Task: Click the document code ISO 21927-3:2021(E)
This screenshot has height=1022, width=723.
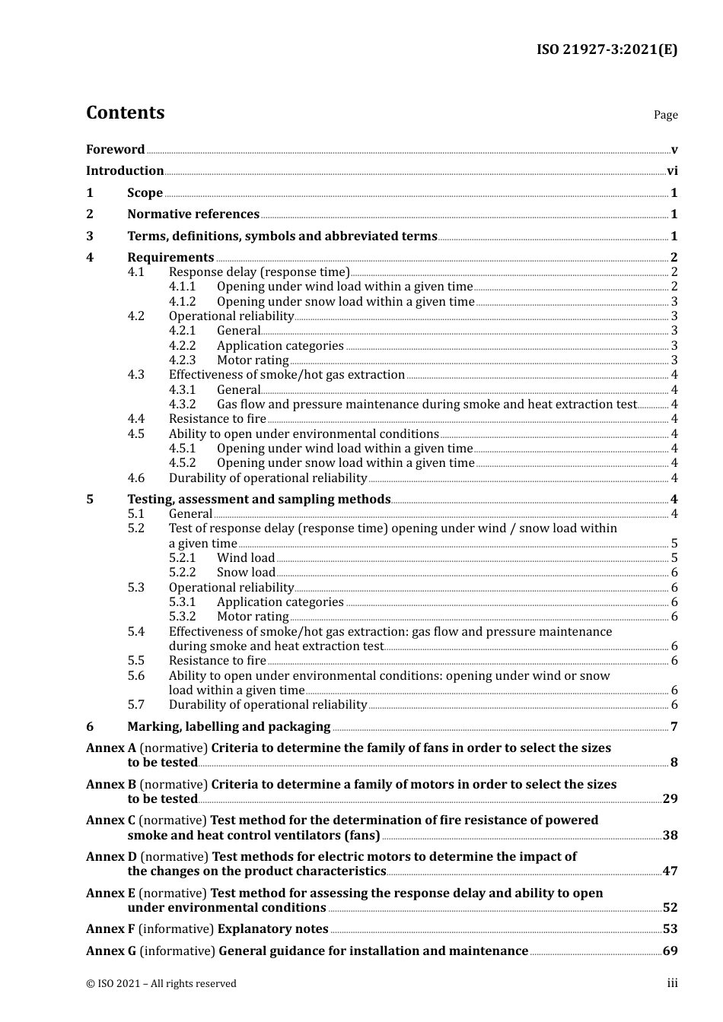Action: point(607,50)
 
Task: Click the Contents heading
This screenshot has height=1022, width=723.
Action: point(125,113)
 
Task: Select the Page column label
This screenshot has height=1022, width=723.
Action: point(665,115)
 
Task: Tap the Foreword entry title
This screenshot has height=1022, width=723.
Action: point(115,150)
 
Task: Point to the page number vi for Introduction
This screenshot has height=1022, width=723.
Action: point(672,171)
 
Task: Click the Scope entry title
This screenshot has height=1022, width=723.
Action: point(145,193)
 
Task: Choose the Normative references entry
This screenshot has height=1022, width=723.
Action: point(193,214)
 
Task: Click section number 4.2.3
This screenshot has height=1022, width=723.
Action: point(182,360)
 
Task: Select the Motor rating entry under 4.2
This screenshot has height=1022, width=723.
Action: point(253,360)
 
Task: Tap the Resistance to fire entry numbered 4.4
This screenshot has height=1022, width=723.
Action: point(218,419)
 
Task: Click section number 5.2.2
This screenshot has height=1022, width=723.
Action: point(182,573)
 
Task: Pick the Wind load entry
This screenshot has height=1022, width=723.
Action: point(246,558)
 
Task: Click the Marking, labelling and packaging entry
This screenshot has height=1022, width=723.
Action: point(229,727)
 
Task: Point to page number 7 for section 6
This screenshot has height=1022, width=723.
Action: point(674,727)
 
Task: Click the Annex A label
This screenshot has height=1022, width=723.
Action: point(111,748)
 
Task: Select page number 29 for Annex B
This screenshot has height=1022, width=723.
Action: point(670,799)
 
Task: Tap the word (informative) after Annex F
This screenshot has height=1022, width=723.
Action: point(177,929)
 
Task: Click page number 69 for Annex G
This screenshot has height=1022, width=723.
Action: point(670,951)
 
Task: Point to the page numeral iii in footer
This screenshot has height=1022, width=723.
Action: point(672,984)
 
